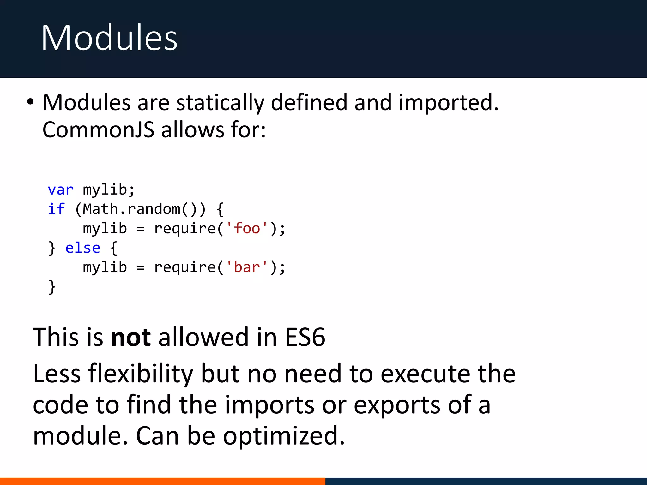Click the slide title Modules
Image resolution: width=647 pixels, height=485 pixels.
click(109, 38)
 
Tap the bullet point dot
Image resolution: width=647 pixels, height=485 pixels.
click(30, 102)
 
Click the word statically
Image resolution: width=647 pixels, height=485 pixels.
click(220, 103)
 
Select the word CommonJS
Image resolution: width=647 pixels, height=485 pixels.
click(98, 130)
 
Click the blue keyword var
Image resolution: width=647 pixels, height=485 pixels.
click(60, 190)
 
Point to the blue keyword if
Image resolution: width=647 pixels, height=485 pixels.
click(56, 209)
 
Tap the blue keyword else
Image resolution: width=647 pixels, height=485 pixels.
click(82, 248)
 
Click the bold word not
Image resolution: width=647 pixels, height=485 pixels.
click(131, 337)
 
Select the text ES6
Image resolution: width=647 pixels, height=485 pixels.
click(305, 337)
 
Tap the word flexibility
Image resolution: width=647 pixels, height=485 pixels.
click(141, 374)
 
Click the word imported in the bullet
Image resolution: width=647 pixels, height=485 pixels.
click(448, 103)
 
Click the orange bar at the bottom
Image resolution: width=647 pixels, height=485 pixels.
click(162, 481)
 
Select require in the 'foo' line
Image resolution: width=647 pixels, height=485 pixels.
click(184, 228)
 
